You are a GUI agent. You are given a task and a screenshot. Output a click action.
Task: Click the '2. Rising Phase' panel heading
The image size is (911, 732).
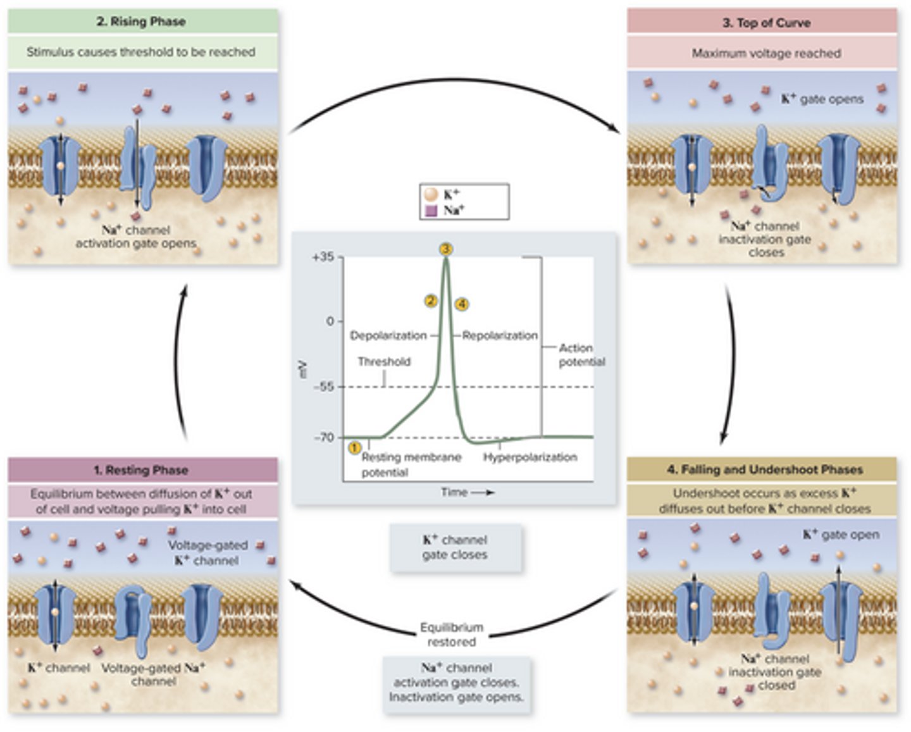coord(141,22)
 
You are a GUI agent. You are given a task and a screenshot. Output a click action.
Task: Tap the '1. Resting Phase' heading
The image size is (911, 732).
coord(141,470)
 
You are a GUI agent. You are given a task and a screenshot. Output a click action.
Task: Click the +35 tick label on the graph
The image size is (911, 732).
coord(323,257)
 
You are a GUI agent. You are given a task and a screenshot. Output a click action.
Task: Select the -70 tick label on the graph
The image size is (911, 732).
coord(323,437)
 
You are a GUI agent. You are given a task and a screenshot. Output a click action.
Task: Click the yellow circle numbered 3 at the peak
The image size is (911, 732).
coord(446,249)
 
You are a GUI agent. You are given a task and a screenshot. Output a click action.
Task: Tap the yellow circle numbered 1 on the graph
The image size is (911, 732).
coord(354,447)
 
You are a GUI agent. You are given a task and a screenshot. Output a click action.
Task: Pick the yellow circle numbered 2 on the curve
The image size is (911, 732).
coord(431,301)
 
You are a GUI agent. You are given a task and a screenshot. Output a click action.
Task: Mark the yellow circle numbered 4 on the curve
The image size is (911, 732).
coord(462,304)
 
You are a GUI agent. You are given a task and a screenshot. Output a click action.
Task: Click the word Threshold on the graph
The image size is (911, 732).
coord(384,362)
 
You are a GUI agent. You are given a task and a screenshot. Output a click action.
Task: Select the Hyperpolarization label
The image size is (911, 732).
coord(530,457)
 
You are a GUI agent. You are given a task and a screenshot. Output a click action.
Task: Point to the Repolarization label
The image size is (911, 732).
coord(500,335)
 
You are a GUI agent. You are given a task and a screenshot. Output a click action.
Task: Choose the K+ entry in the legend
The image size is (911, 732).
coord(451,195)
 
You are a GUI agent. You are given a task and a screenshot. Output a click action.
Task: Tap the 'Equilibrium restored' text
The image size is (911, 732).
coord(452,635)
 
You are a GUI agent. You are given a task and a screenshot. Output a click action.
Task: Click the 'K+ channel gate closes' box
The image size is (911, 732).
coord(455,547)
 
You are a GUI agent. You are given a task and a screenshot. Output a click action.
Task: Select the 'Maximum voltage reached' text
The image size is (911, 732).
coord(766,53)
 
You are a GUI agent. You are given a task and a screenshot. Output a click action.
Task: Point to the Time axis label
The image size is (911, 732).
coord(454,492)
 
